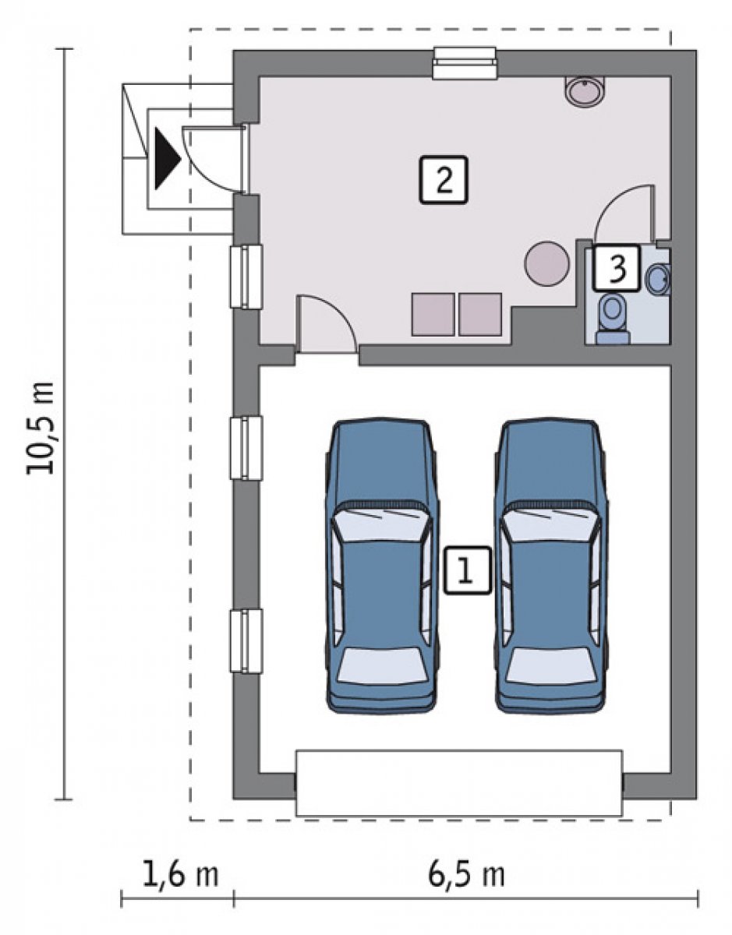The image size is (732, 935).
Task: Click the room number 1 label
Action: pyautogui.click(x=467, y=570)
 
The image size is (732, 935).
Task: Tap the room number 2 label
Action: pyautogui.click(x=444, y=179)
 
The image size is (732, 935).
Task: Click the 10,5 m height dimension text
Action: pyautogui.click(x=41, y=428)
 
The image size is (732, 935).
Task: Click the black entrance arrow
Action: pyautogui.click(x=167, y=158)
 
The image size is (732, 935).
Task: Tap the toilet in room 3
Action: pyautogui.click(x=613, y=319)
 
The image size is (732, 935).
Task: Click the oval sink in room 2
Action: pyautogui.click(x=585, y=92)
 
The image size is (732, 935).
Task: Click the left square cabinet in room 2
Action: pyautogui.click(x=433, y=314)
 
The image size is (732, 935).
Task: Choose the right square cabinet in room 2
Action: pyautogui.click(x=480, y=314)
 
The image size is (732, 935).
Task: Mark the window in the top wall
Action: pyautogui.click(x=465, y=63)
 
